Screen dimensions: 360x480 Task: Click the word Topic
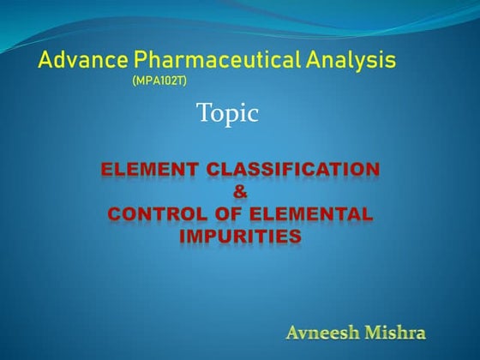pyautogui.click(x=227, y=112)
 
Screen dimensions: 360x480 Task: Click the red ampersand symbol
pyautogui.click(x=240, y=193)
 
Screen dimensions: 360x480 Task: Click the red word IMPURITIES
pyautogui.click(x=240, y=237)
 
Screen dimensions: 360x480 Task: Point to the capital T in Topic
pyautogui.click(x=203, y=112)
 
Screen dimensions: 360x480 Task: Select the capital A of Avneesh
pyautogui.click(x=293, y=330)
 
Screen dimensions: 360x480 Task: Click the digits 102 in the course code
pyautogui.click(x=160, y=81)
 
